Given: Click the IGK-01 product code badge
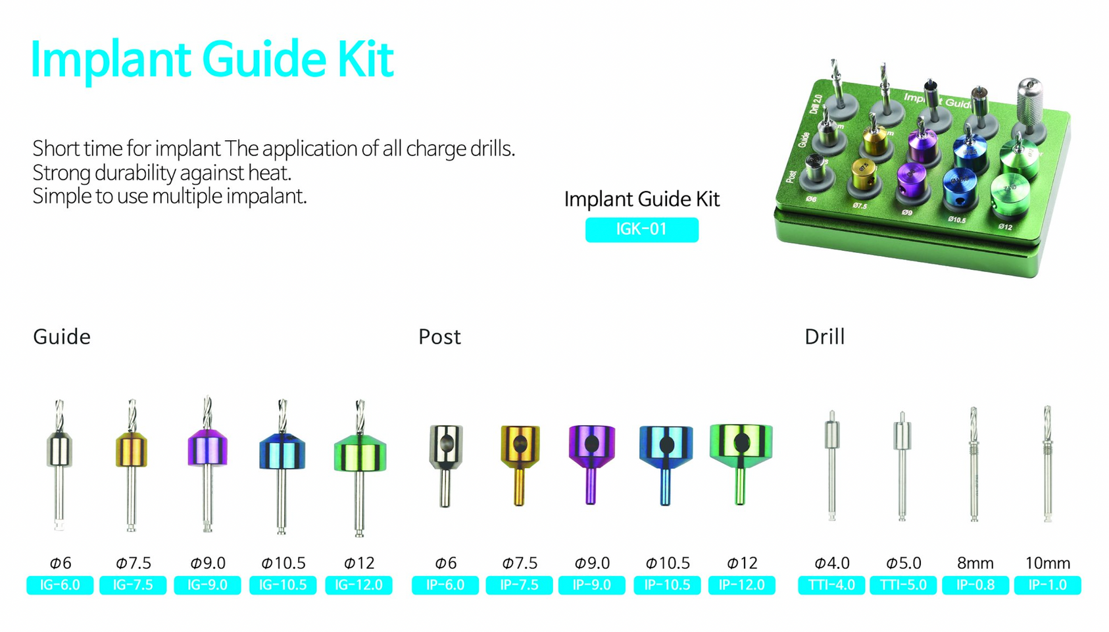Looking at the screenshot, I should pos(641,230).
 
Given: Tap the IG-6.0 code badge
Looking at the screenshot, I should pos(60,585).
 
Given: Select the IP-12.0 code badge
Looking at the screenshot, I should pos(741,585).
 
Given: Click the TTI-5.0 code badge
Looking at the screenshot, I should pos(902,585).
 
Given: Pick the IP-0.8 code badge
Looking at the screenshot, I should pos(975,585).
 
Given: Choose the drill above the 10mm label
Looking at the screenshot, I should pos(1047,464).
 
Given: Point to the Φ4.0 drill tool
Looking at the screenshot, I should pos(832,464).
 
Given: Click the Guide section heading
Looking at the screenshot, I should pos(62,337).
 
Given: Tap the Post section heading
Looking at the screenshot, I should pos(439,337).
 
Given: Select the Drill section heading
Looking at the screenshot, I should pos(824,337).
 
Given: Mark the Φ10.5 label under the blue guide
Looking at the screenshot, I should pos(283,564).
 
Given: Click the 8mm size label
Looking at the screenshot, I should pos(975,564).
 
